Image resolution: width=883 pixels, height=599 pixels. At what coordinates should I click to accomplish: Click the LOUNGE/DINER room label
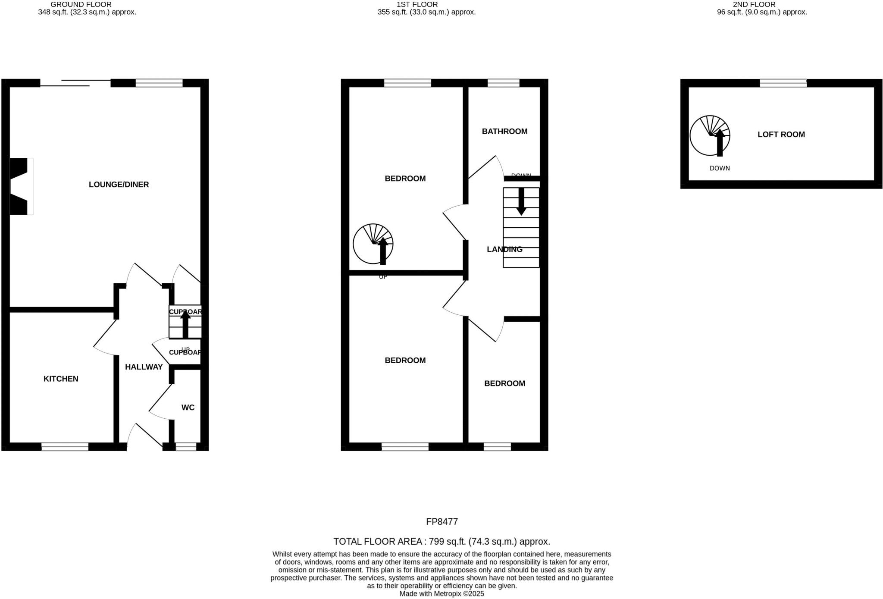point(119,185)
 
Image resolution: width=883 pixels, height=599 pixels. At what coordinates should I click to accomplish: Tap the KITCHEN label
point(61,379)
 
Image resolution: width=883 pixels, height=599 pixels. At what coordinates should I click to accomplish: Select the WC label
point(188,408)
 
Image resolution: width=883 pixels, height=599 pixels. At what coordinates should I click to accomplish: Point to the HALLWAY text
point(144,367)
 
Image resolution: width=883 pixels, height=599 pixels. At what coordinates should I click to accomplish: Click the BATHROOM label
point(504,132)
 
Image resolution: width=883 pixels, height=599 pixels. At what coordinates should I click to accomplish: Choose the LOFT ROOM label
point(781,135)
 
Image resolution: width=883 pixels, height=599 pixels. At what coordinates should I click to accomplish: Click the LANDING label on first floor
point(504,249)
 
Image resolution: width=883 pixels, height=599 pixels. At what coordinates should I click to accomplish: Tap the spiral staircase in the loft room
point(710,135)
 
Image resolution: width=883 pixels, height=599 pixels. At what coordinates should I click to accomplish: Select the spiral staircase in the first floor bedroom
point(373,244)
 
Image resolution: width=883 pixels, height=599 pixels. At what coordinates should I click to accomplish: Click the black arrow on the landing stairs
point(521,201)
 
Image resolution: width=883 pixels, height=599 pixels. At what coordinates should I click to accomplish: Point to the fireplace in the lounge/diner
point(20,186)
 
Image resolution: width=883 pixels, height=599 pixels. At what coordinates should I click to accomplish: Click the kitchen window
point(65,447)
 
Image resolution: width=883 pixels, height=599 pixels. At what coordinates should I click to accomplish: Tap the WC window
point(186,447)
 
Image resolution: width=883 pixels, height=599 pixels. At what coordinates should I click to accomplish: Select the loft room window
point(783,83)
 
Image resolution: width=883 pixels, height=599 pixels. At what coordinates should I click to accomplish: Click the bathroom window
point(503,83)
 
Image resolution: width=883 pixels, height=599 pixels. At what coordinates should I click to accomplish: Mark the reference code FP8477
point(441,522)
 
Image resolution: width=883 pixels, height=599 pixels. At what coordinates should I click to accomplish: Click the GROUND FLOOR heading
point(81,4)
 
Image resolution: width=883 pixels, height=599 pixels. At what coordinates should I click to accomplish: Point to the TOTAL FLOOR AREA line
point(441,542)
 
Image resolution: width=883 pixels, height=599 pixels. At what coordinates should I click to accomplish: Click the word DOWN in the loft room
point(720,168)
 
